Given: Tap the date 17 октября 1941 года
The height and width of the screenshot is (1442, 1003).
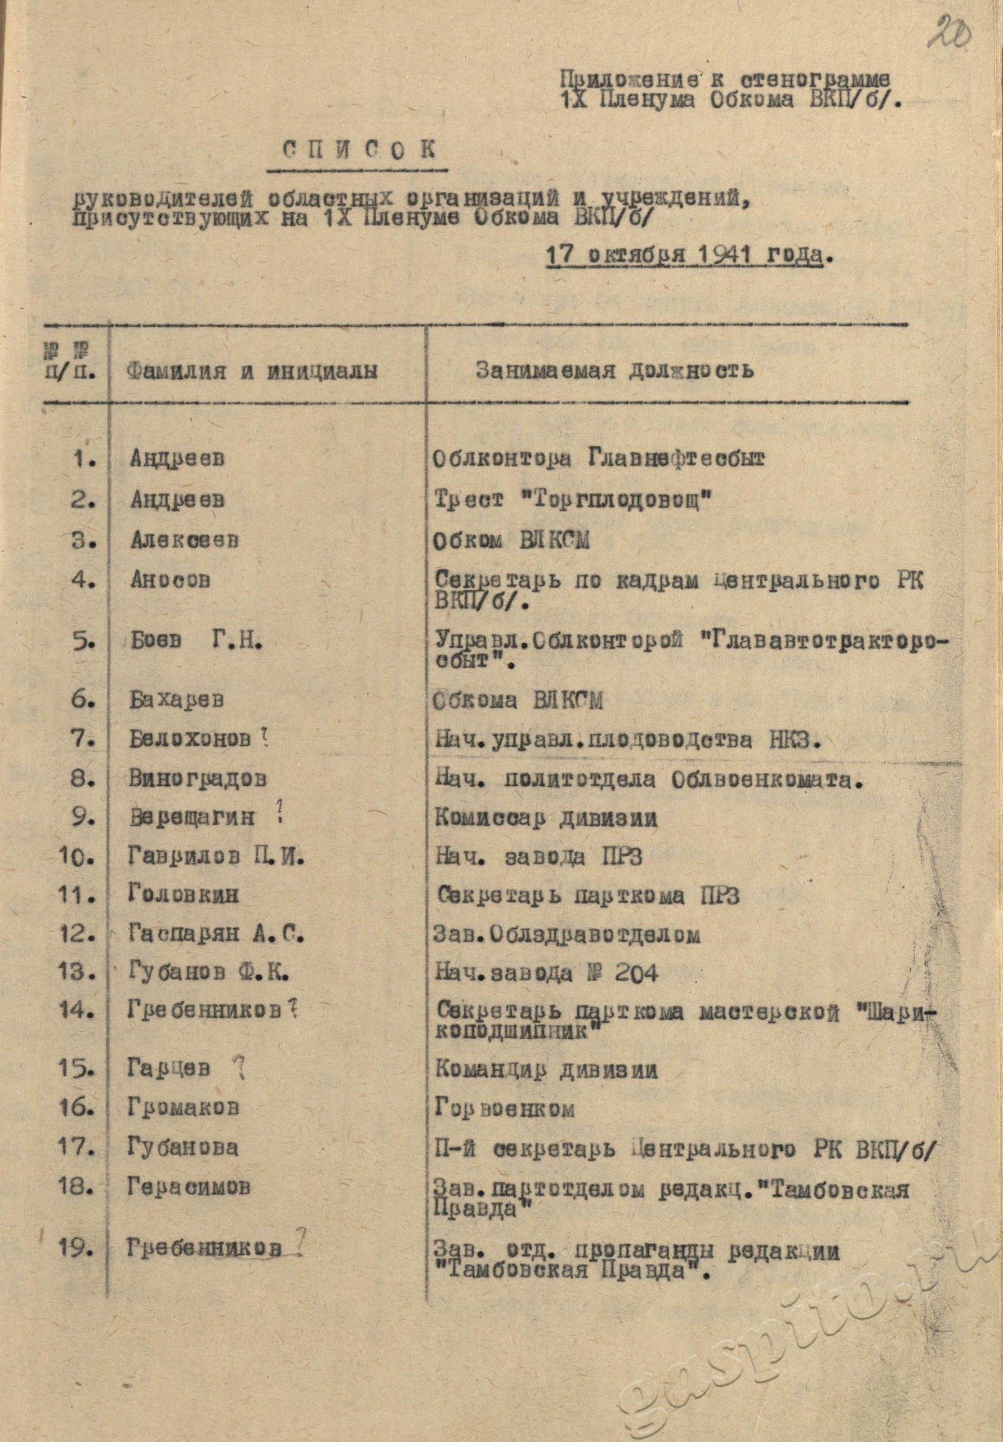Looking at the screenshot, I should pyautogui.click(x=685, y=257).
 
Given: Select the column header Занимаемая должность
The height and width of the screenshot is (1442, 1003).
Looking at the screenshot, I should pyautogui.click(x=614, y=371).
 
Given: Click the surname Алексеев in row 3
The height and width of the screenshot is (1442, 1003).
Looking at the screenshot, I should pyautogui.click(x=185, y=540).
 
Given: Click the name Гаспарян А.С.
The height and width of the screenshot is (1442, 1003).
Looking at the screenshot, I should pyautogui.click(x=216, y=935).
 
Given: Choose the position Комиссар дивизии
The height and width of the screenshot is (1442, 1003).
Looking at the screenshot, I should pyautogui.click(x=545, y=818).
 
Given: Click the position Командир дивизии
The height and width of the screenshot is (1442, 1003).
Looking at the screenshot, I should pyautogui.click(x=545, y=1070).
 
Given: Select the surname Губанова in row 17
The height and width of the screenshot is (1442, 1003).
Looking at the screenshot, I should pyautogui.click(x=183, y=1148).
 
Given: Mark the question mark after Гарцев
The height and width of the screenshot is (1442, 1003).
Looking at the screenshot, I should pyautogui.click(x=238, y=1066).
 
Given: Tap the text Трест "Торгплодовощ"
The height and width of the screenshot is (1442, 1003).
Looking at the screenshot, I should pyautogui.click(x=572, y=501).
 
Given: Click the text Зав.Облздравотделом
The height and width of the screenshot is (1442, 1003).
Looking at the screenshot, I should pyautogui.click(x=567, y=935).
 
